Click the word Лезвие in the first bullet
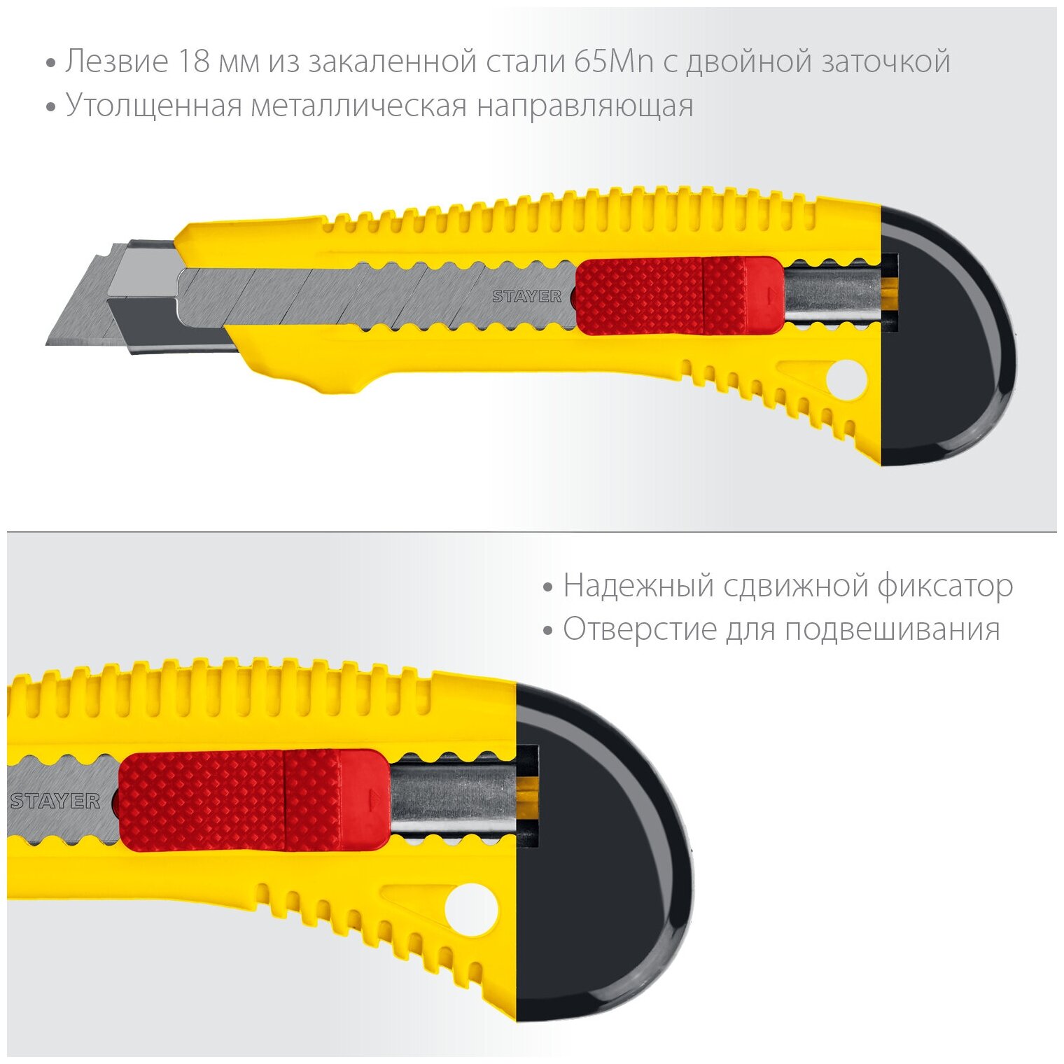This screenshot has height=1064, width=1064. pyautogui.click(x=117, y=62)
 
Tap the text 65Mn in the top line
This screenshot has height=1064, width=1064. pyautogui.click(x=613, y=62)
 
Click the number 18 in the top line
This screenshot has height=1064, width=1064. pyautogui.click(x=193, y=62)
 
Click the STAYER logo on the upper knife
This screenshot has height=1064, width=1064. pyautogui.click(x=526, y=296)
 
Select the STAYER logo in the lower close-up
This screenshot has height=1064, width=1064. pyautogui.click(x=55, y=801)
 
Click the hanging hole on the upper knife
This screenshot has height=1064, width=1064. pyautogui.click(x=846, y=381)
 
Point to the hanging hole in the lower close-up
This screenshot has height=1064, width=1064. pyautogui.click(x=471, y=910)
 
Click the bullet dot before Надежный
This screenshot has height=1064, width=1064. pyautogui.click(x=547, y=587)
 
